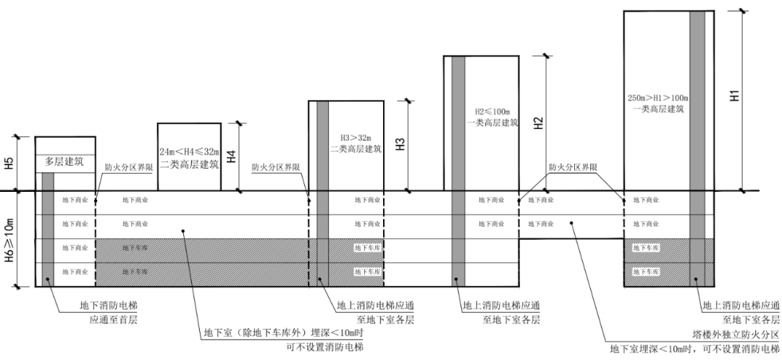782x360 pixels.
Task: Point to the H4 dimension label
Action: pyautogui.click(x=231, y=156)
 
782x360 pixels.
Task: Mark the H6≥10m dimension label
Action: pyautogui.click(x=9, y=240)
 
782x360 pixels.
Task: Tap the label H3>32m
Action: pyautogui.click(x=356, y=138)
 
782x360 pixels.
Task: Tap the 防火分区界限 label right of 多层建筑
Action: pyautogui.click(x=128, y=167)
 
